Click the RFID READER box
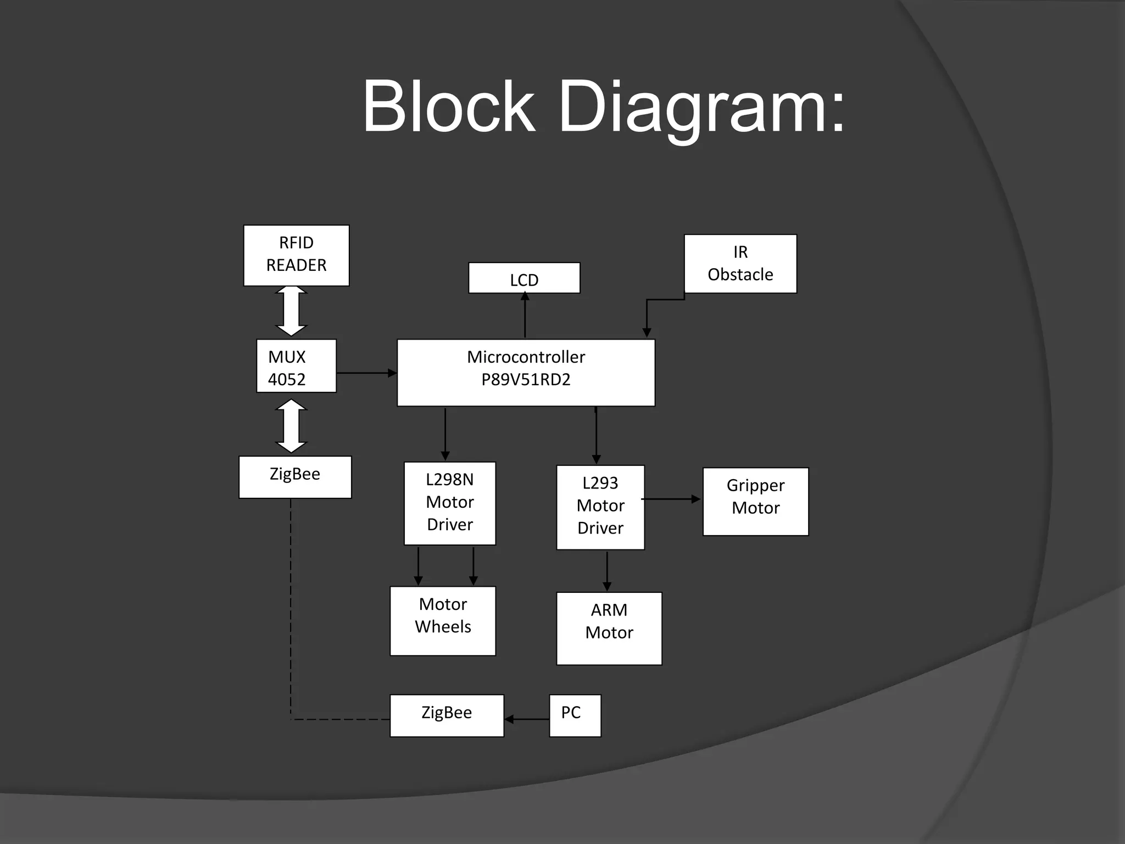point(296,255)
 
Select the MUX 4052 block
point(296,366)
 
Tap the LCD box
point(524,278)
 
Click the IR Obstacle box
point(740,264)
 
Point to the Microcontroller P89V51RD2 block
point(526,373)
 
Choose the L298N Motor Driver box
point(449,503)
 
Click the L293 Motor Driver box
point(600,507)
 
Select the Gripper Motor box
point(755,501)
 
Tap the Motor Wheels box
point(443,620)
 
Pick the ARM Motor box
point(609,628)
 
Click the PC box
point(575,715)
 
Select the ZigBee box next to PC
point(447,715)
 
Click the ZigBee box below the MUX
point(295,477)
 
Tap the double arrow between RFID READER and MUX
point(291,311)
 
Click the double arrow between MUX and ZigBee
point(291,426)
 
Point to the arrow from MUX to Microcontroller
point(366,373)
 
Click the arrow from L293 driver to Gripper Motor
point(671,499)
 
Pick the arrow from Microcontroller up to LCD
point(525,315)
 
